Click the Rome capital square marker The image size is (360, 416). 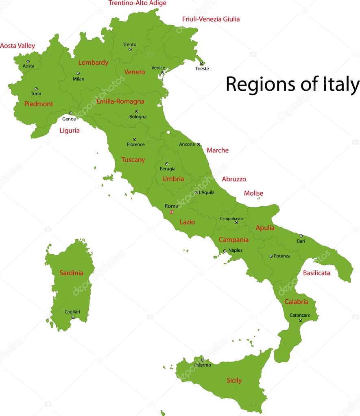pos(171,212)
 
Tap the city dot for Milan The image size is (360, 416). pos(78,74)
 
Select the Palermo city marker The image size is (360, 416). pos(202,359)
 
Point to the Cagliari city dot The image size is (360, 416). pos(73,317)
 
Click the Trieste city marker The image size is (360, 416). pos(201,63)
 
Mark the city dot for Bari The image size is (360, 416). pos(301,236)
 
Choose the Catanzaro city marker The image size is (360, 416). pos(301,320)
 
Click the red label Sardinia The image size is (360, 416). pos(71,273)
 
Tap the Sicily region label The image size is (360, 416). pos(234,381)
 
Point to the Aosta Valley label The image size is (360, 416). pos(17,46)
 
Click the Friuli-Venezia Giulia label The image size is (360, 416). pos(211,19)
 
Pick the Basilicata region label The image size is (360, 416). pos(316,273)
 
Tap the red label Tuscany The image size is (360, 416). pos(133,160)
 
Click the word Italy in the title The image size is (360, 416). pos(341,85)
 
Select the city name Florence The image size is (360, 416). pos(135,144)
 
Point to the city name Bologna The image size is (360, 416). pos(138,117)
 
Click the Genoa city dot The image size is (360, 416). pos(70,113)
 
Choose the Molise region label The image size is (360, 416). pos(253,193)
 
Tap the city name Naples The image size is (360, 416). pos(235,250)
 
